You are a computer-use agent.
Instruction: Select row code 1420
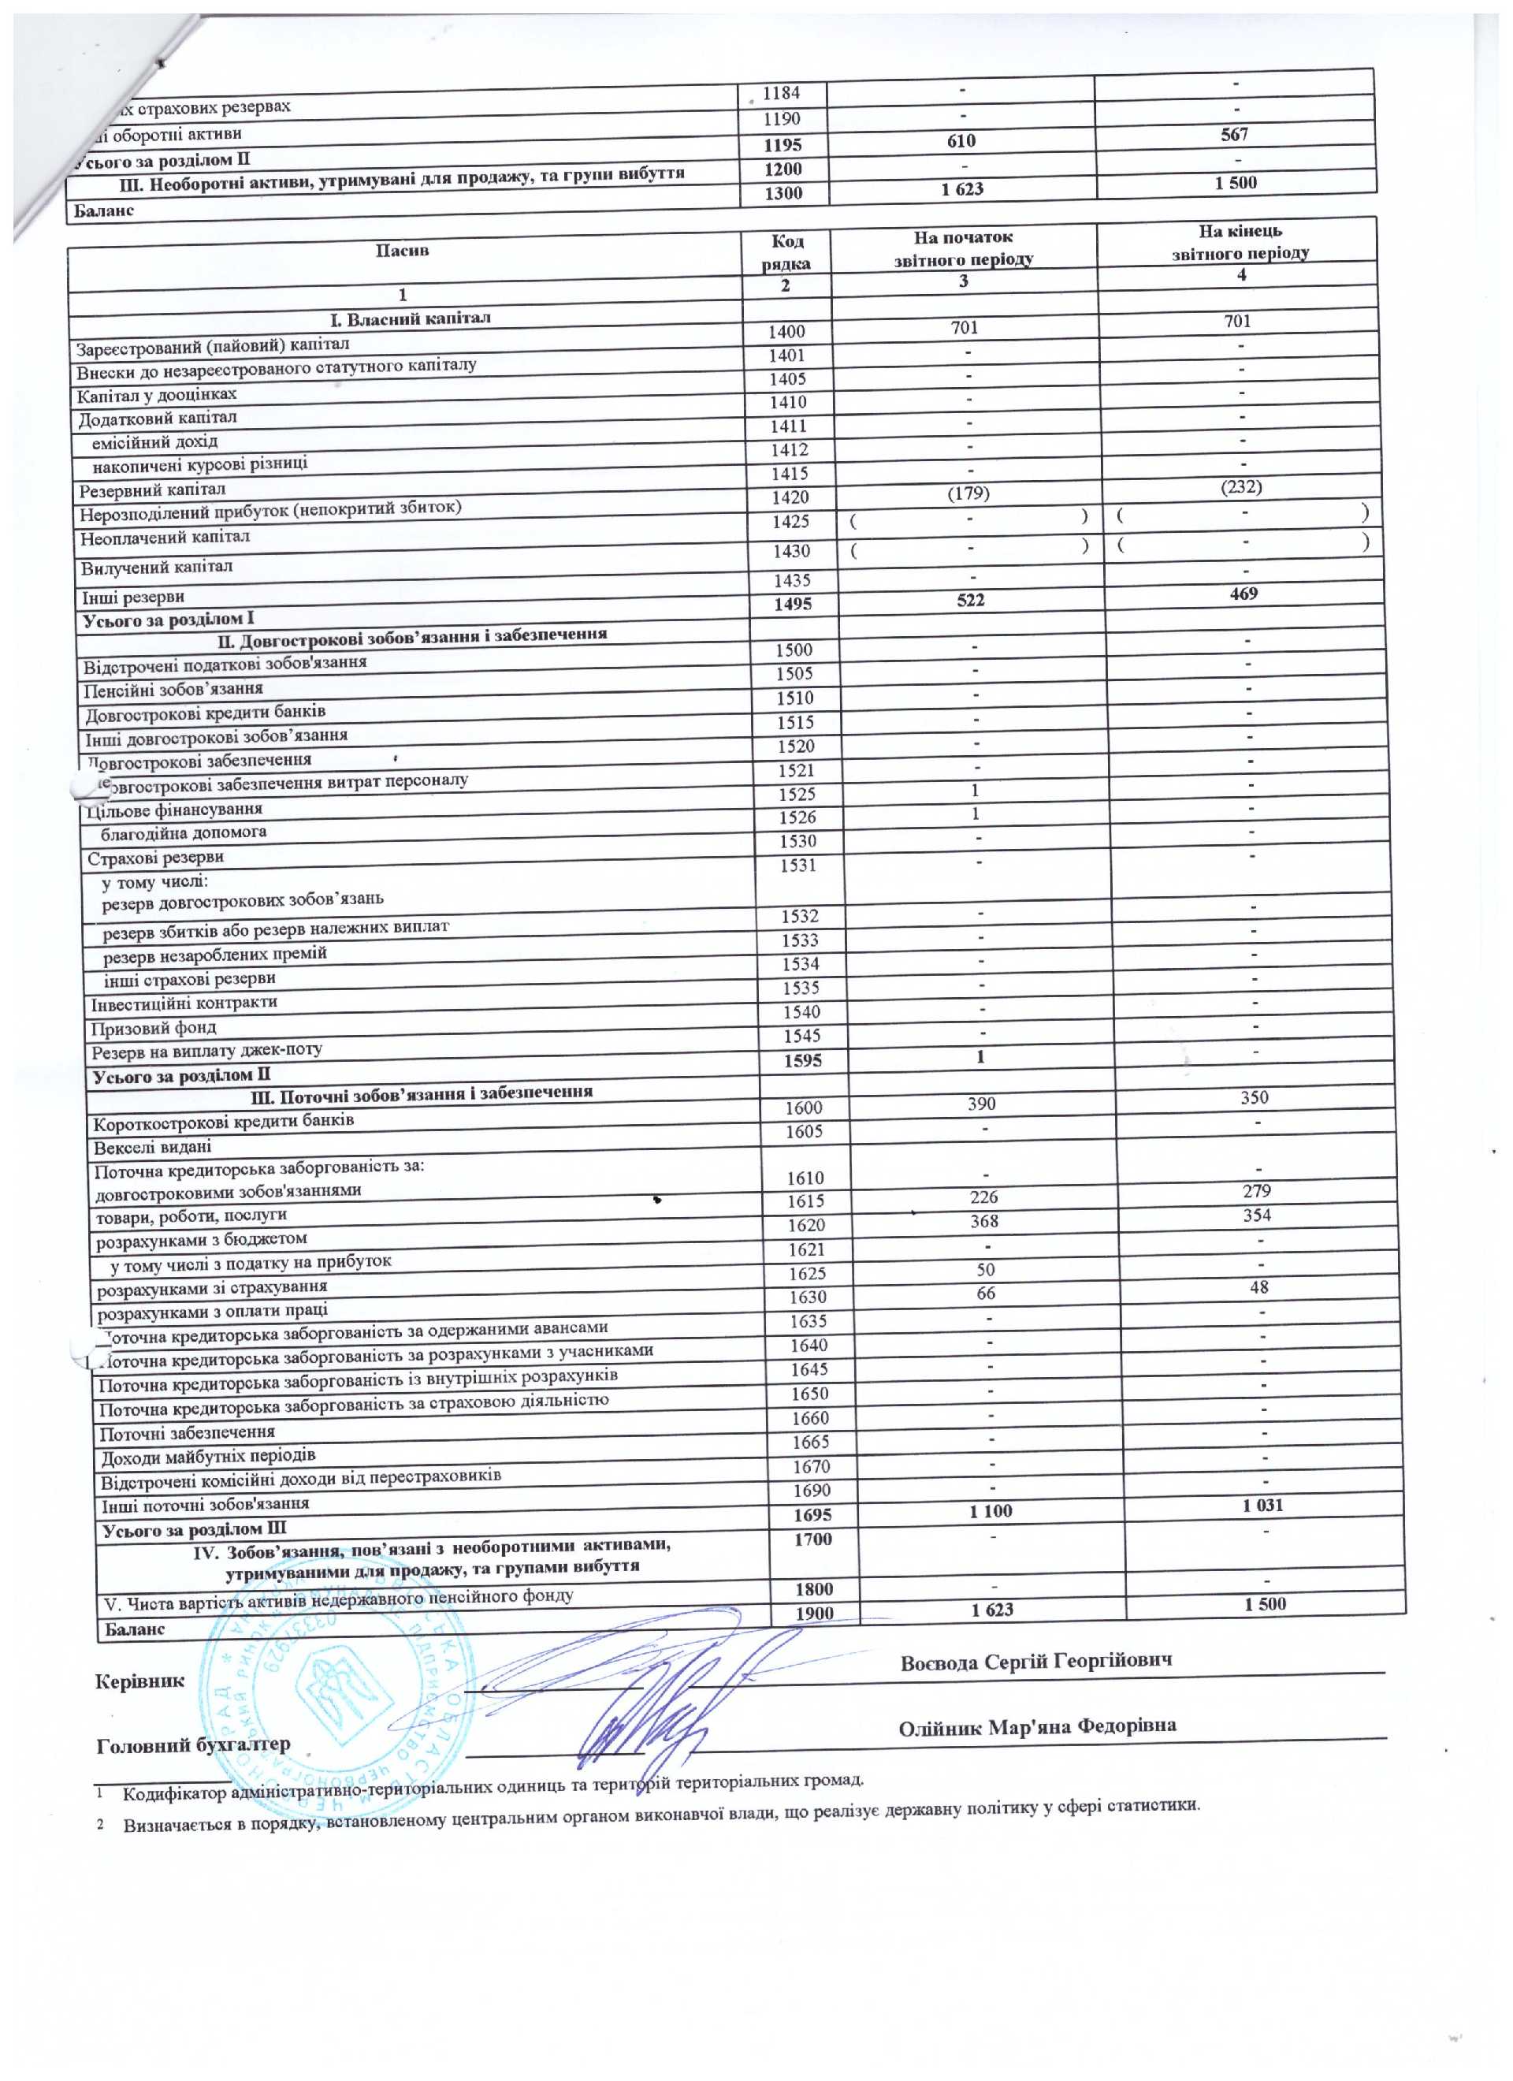click(x=789, y=497)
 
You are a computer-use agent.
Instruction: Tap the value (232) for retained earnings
click(x=1241, y=486)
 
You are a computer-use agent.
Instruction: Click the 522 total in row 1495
click(x=970, y=600)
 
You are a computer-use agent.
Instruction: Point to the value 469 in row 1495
click(x=1243, y=594)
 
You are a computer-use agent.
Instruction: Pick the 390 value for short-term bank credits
click(x=981, y=1104)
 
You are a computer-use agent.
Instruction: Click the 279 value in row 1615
click(x=1257, y=1190)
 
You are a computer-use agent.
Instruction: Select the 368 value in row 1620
click(x=983, y=1221)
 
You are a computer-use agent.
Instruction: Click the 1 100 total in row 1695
click(x=990, y=1510)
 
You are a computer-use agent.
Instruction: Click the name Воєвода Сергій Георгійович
click(x=1036, y=1661)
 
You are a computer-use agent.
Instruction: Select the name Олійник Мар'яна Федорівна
click(x=1037, y=1727)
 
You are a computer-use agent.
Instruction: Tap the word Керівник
click(x=140, y=1681)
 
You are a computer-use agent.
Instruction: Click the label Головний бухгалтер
click(x=194, y=1744)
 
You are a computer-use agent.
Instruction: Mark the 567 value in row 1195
click(x=1234, y=134)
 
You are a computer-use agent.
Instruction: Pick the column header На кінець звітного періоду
click(x=1240, y=241)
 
